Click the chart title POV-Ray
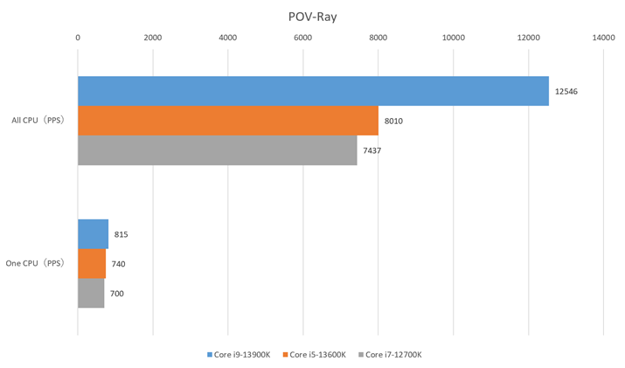[312, 15]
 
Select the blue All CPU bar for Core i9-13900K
[313, 91]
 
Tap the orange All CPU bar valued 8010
[228, 121]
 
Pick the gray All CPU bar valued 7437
[218, 150]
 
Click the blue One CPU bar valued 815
[93, 234]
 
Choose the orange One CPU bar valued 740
[92, 264]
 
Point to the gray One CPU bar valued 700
[91, 294]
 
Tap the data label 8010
[393, 121]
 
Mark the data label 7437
[372, 150]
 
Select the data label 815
[121, 234]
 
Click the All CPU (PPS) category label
[38, 121]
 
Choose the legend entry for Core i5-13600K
[317, 355]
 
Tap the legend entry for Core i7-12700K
[392, 355]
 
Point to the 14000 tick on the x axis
[603, 38]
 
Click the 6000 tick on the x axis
[303, 38]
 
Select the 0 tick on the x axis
[78, 38]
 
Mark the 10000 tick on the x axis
[453, 38]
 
